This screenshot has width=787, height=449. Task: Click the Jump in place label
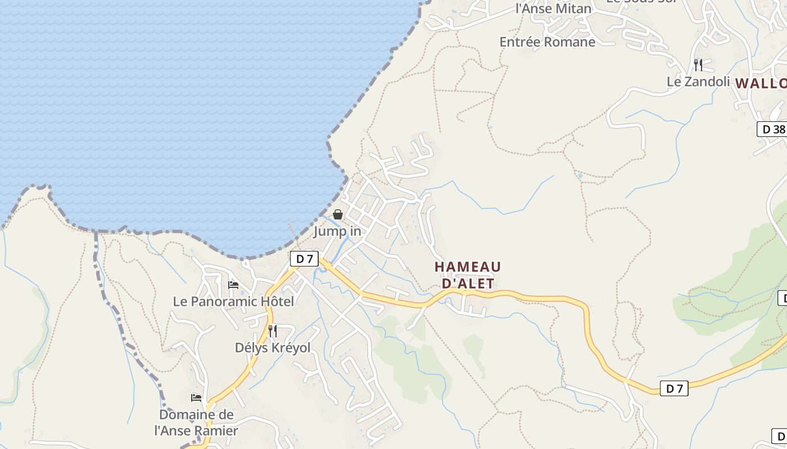point(337,231)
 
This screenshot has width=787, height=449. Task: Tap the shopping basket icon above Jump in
point(338,214)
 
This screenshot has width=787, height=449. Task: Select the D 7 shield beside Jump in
point(304,259)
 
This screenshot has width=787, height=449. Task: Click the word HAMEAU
point(468,267)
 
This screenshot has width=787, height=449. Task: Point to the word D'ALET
point(468,283)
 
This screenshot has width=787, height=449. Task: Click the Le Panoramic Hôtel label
point(233,301)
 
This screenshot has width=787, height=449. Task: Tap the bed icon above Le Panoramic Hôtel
point(233,285)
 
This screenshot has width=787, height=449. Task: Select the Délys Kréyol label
point(273,347)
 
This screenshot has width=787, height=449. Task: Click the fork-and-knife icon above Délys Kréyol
point(273,331)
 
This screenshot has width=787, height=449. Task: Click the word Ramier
point(216,431)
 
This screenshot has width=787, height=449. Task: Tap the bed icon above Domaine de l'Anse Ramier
point(196,398)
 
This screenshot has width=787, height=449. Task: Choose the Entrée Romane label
point(547,42)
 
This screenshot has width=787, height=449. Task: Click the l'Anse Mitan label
point(554,8)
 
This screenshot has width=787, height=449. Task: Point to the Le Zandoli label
point(698,81)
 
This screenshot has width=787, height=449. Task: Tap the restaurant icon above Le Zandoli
point(698,65)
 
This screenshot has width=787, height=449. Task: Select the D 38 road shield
point(772,129)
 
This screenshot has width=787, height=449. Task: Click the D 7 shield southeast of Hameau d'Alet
point(673,388)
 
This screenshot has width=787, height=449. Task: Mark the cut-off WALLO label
point(761,84)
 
